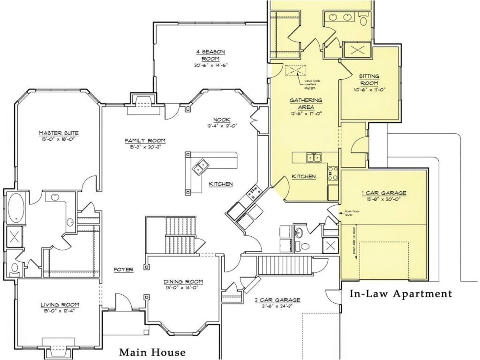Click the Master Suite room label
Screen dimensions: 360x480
pos(59,133)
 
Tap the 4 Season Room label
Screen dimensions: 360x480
pos(214,55)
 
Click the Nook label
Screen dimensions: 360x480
pos(221,120)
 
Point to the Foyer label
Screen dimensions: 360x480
pos(124,270)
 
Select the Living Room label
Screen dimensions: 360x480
pos(59,305)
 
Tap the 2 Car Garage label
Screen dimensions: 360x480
pos(277,300)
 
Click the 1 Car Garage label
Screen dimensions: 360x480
pos(383,193)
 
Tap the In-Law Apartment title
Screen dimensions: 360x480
pos(401,294)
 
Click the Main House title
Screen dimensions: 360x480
pos(152,352)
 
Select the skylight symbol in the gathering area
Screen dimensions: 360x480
pos(295,70)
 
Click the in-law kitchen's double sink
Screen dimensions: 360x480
pos(314,157)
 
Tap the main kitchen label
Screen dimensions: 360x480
pos(221,184)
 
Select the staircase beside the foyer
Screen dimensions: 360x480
pos(179,234)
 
